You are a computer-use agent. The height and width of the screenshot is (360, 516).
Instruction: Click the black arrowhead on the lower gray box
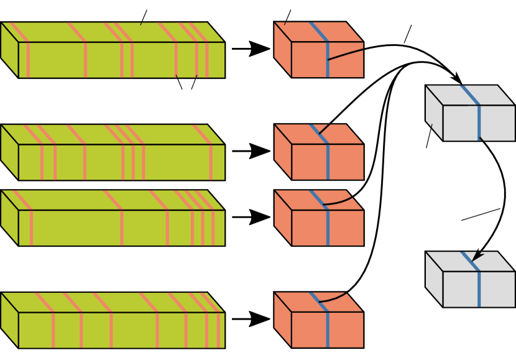pos(476,256)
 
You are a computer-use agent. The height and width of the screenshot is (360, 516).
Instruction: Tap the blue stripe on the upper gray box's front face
pos(479,122)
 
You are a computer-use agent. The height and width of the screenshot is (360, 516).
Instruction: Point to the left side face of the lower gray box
pos(434,279)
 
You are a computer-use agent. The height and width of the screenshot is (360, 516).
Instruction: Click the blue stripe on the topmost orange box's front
pos(328,60)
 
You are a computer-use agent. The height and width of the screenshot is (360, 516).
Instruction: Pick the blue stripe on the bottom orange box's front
pos(328,330)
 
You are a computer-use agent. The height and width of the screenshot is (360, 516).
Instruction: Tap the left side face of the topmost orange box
pos(282,50)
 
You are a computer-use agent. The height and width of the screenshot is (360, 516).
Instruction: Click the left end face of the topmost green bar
pos(9,50)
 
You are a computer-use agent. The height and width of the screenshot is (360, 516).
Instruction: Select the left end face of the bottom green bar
pos(9,320)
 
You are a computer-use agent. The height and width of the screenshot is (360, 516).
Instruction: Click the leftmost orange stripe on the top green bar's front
pos(28,60)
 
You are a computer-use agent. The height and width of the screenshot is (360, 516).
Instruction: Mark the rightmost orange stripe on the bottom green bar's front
pos(218,330)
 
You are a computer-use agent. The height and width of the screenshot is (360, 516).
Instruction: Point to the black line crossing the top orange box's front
pos(346,54)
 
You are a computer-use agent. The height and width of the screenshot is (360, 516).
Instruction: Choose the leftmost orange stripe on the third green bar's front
pos(31,228)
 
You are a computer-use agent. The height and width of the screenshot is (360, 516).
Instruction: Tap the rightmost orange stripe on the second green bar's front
pos(211,162)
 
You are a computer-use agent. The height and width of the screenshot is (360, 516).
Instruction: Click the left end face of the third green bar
pos(9,218)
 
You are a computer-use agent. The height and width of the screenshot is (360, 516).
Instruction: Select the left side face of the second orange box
pos(282,152)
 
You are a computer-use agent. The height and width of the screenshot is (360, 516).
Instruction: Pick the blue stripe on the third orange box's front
pos(328,228)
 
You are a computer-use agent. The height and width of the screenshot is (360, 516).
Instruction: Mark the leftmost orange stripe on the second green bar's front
pos(42,162)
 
